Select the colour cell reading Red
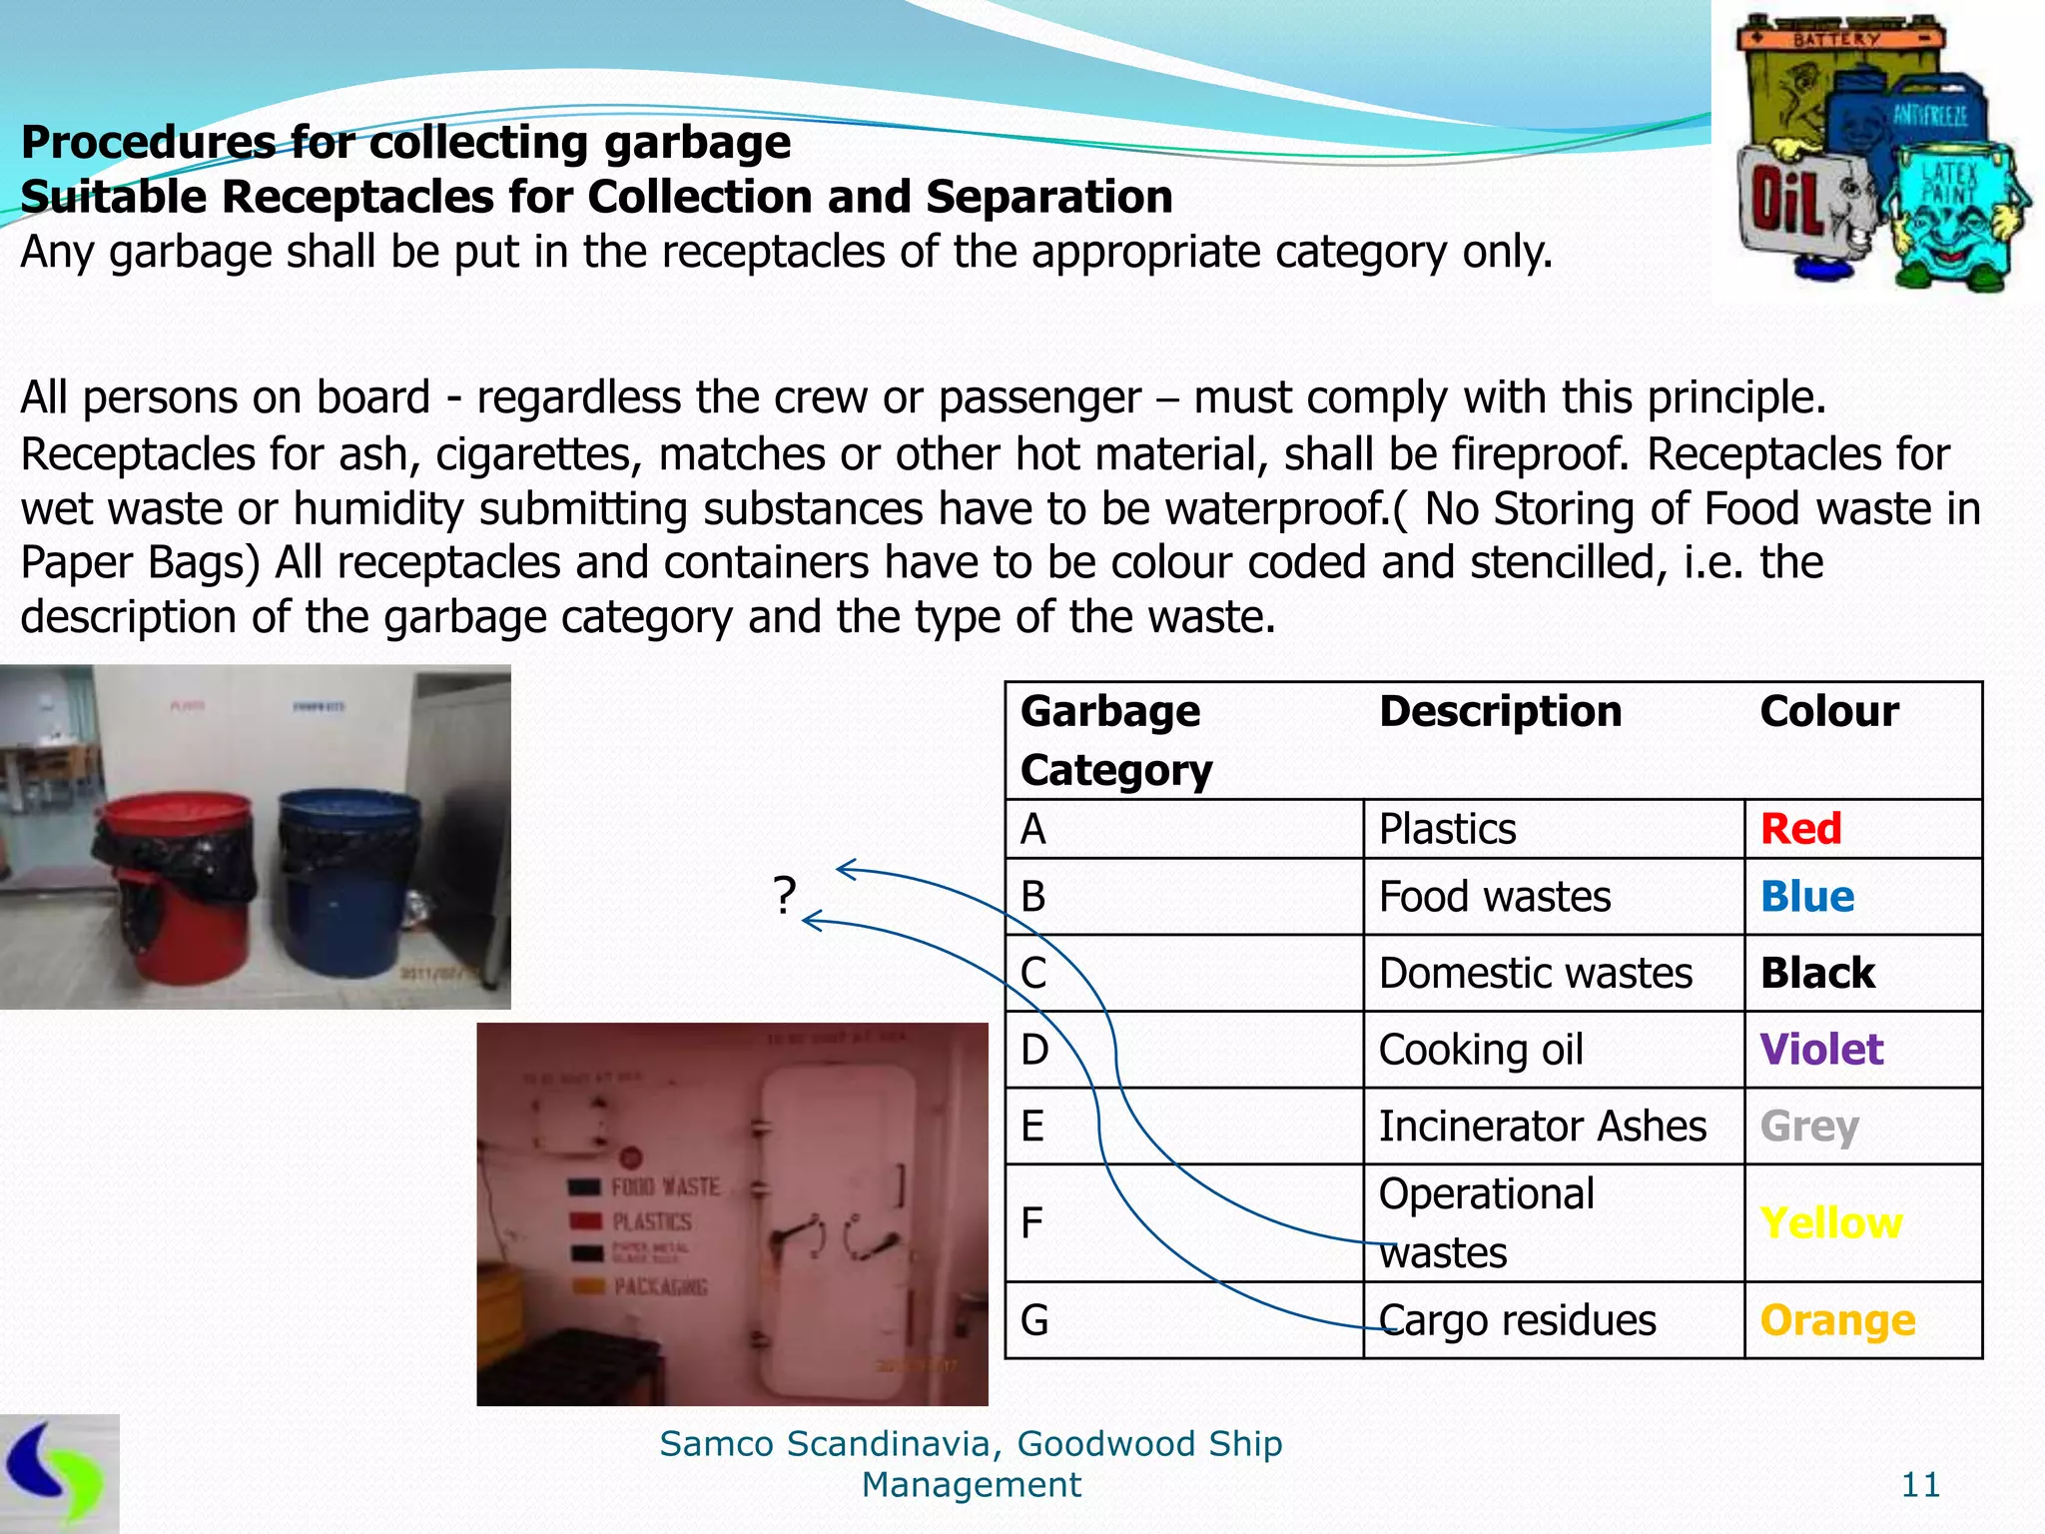point(1800,829)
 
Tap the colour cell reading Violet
point(1821,1050)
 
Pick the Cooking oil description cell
point(1481,1050)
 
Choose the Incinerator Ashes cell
point(1542,1126)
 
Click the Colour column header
point(1829,711)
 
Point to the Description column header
point(1500,711)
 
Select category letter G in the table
point(1034,1320)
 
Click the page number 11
point(1920,1485)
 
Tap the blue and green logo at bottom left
point(58,1473)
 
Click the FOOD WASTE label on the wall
point(665,1186)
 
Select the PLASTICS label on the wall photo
point(651,1221)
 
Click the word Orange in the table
point(1837,1320)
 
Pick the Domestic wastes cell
point(1535,973)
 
